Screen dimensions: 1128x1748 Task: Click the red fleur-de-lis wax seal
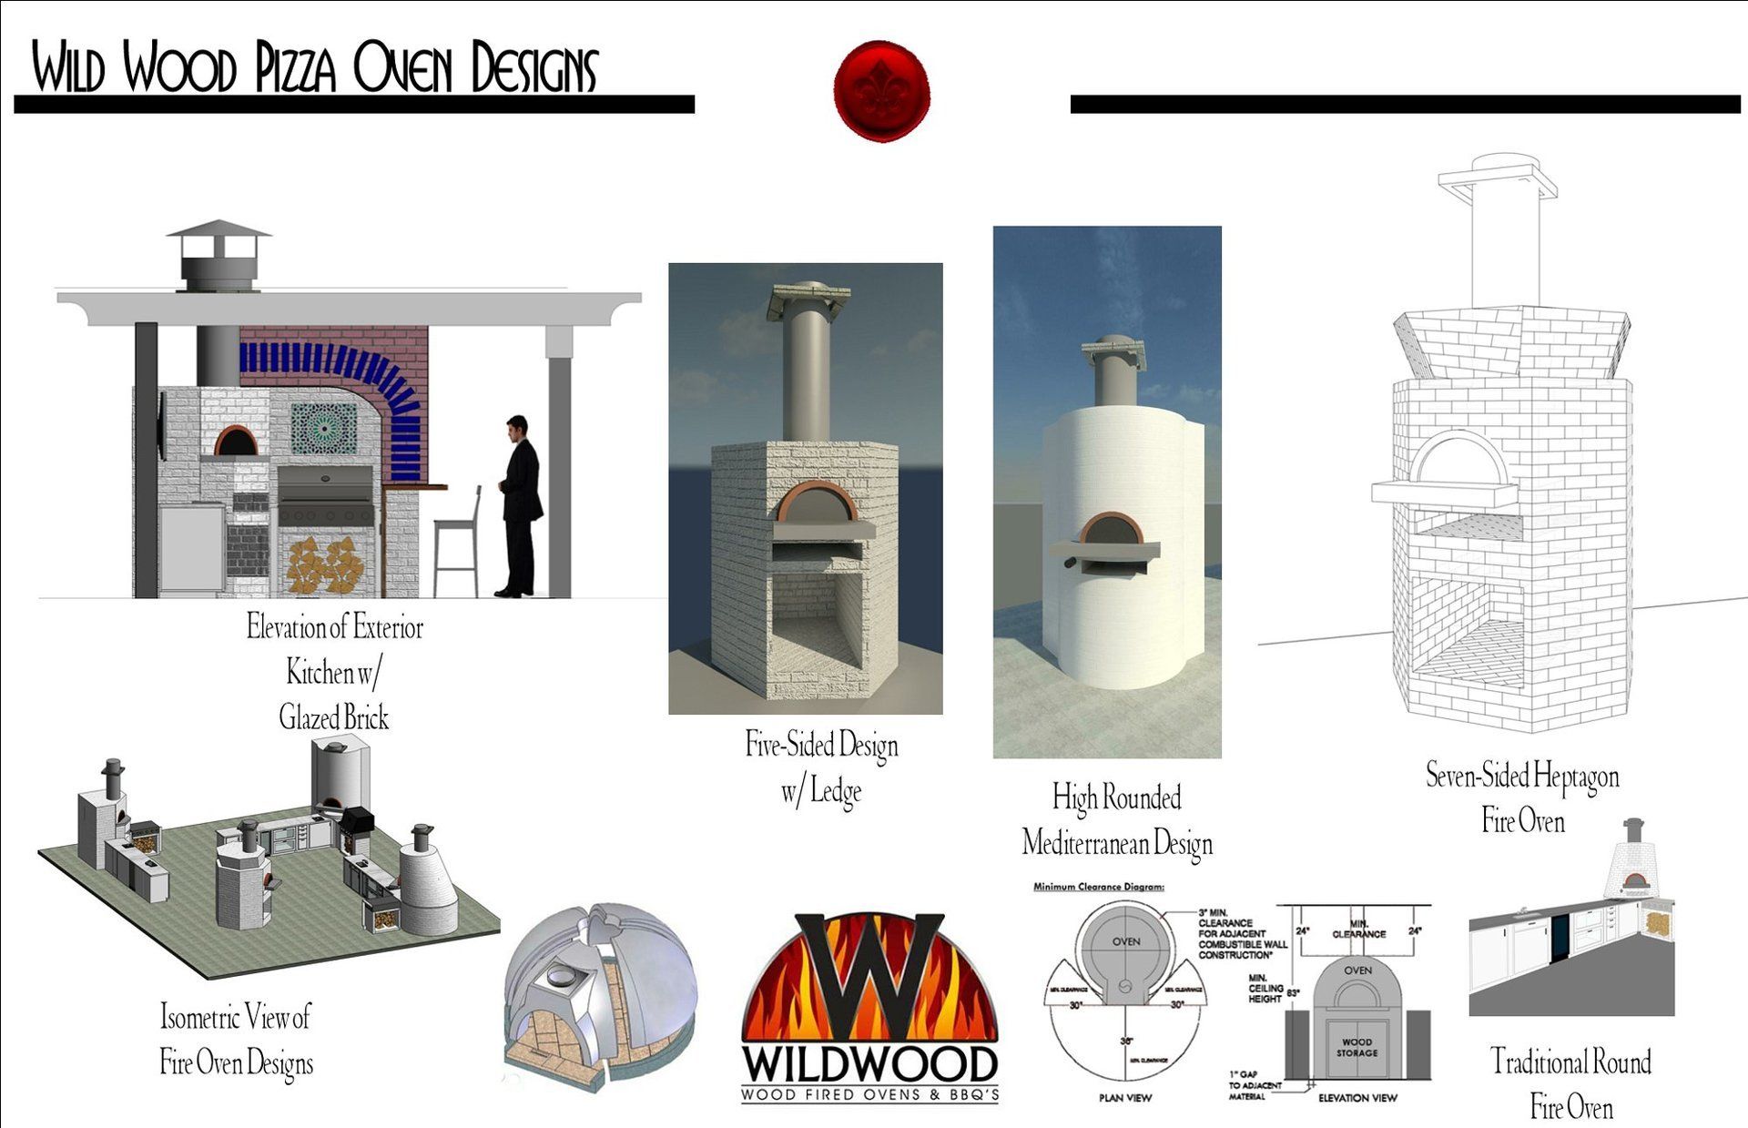(x=880, y=91)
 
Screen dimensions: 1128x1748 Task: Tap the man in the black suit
(x=521, y=505)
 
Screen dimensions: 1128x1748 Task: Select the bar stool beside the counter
(x=457, y=542)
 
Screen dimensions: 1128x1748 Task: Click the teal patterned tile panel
(x=323, y=429)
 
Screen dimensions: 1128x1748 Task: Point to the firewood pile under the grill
(x=326, y=564)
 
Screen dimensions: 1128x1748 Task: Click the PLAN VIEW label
(x=1125, y=1098)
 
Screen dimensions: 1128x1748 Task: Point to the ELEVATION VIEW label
(x=1357, y=1098)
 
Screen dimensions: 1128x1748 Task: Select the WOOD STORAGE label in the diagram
(x=1357, y=1047)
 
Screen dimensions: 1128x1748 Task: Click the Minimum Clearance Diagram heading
(x=1099, y=886)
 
